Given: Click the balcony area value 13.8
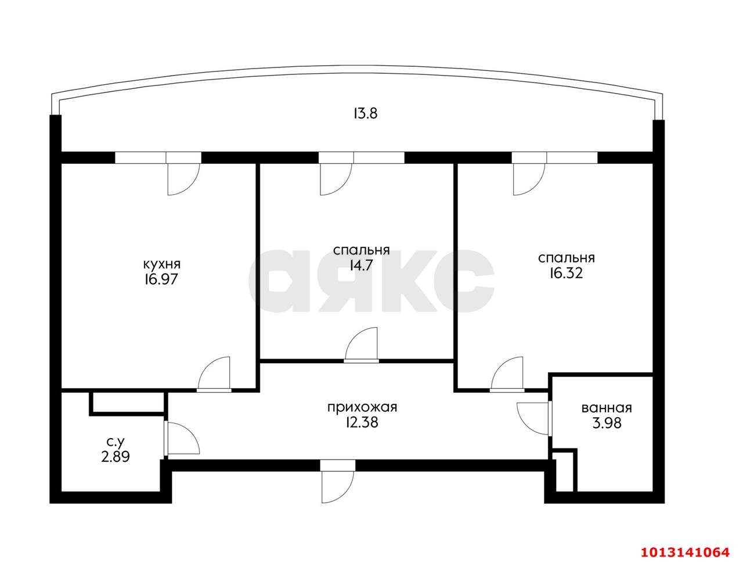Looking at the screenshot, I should point(366,113).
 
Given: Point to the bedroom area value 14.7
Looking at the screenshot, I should point(361,266).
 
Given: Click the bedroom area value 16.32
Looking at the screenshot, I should point(566,273).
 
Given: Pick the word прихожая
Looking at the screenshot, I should point(362,407).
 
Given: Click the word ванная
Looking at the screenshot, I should point(606,408).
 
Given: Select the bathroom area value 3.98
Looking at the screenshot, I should point(606,424).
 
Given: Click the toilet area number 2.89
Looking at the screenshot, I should point(116,457).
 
